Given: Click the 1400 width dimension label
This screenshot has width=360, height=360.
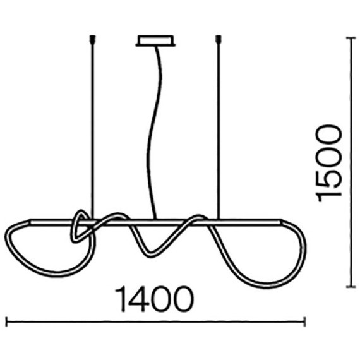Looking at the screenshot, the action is coord(155,299).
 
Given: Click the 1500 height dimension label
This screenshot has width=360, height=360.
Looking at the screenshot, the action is coord(328,163).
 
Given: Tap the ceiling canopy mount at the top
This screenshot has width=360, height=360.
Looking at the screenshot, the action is coord(155,41).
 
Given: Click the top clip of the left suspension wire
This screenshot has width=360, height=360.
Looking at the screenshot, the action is coord(92,40).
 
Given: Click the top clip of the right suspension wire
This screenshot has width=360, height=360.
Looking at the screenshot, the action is coord(219,40).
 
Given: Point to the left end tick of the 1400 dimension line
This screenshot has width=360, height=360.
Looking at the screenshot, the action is coord(6,322).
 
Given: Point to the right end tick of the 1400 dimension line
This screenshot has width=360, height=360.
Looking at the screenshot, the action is coord(304,322).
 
